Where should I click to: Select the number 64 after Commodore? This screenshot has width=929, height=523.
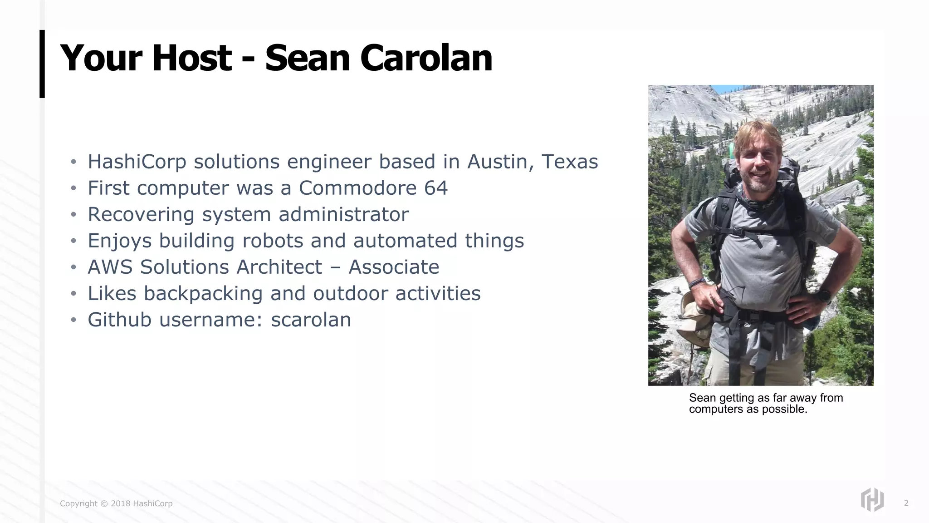coord(436,188)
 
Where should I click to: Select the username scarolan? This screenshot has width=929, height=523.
coord(311,320)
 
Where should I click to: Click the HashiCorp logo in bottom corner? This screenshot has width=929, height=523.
coord(872,500)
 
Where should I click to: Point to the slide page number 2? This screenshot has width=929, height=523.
coord(906,503)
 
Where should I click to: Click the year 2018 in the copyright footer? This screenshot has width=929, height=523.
coord(121,503)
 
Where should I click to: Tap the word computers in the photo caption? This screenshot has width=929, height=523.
coord(714,409)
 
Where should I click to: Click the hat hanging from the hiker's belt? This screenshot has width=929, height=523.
coord(694,318)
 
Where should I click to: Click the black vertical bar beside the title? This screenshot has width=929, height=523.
coord(42,64)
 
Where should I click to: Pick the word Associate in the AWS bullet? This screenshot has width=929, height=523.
coord(394,267)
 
